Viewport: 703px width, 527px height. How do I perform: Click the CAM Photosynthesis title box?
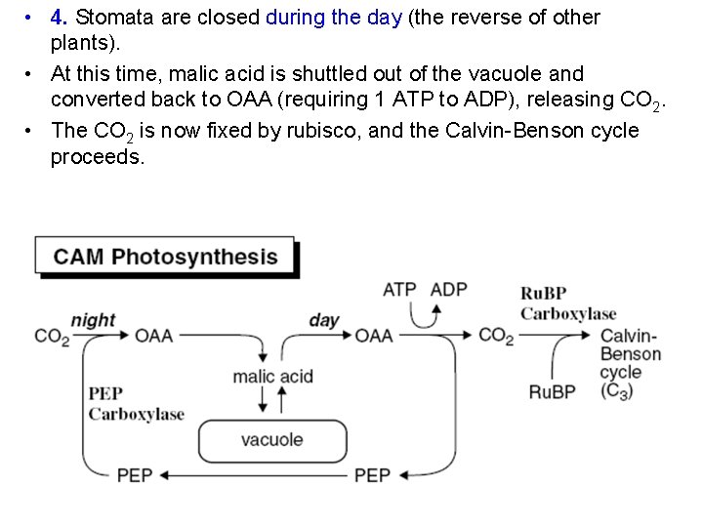pyautogui.click(x=165, y=258)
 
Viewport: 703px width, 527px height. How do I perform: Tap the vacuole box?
pyautogui.click(x=272, y=440)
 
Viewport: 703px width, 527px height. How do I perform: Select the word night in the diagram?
pyautogui.click(x=93, y=320)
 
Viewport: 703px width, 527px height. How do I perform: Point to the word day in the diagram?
pyautogui.click(x=324, y=320)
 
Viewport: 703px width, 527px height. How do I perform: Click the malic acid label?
pyautogui.click(x=272, y=376)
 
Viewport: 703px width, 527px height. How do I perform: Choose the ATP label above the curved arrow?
pyautogui.click(x=399, y=290)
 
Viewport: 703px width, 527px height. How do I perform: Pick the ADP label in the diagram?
pyautogui.click(x=449, y=290)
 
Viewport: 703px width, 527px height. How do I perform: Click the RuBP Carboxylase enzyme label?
pyautogui.click(x=568, y=304)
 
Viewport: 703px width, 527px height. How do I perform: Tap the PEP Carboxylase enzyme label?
pyautogui.click(x=136, y=404)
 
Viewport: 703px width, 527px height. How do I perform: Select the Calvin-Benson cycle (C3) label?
pyautogui.click(x=630, y=362)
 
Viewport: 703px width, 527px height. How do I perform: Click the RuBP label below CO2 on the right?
pyautogui.click(x=553, y=391)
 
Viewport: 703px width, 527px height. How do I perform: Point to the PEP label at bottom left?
pyautogui.click(x=135, y=475)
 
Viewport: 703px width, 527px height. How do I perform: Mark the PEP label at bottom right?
pyautogui.click(x=372, y=475)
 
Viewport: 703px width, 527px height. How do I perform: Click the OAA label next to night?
pyautogui.click(x=153, y=336)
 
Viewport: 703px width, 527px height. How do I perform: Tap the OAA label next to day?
pyautogui.click(x=374, y=336)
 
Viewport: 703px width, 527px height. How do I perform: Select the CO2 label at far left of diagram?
pyautogui.click(x=51, y=337)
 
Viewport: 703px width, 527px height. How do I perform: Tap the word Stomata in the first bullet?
pyautogui.click(x=110, y=18)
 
